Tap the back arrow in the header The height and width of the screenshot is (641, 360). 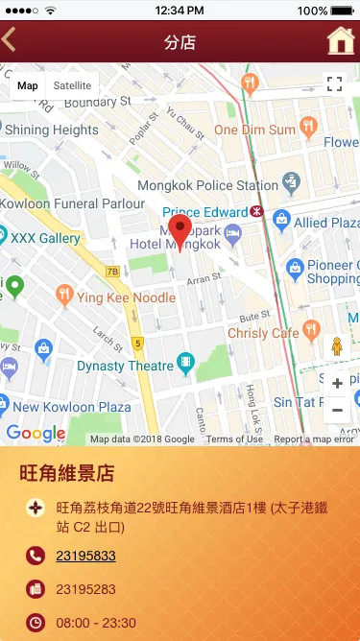(10, 40)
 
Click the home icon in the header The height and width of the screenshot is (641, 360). (340, 41)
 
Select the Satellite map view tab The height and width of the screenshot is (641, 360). (72, 85)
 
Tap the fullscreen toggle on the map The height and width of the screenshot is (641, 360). (334, 84)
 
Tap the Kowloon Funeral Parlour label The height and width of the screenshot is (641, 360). (72, 203)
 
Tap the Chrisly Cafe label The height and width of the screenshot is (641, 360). (264, 333)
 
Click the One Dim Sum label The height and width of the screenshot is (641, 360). (254, 130)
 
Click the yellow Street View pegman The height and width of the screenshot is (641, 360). (337, 346)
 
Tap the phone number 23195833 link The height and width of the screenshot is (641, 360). (85, 556)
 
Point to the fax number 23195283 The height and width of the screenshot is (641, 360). (85, 589)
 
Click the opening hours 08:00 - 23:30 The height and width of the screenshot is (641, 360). (96, 623)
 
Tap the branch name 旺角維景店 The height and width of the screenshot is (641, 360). (67, 473)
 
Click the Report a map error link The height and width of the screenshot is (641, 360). (315, 439)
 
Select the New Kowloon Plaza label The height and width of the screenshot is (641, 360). (73, 407)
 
